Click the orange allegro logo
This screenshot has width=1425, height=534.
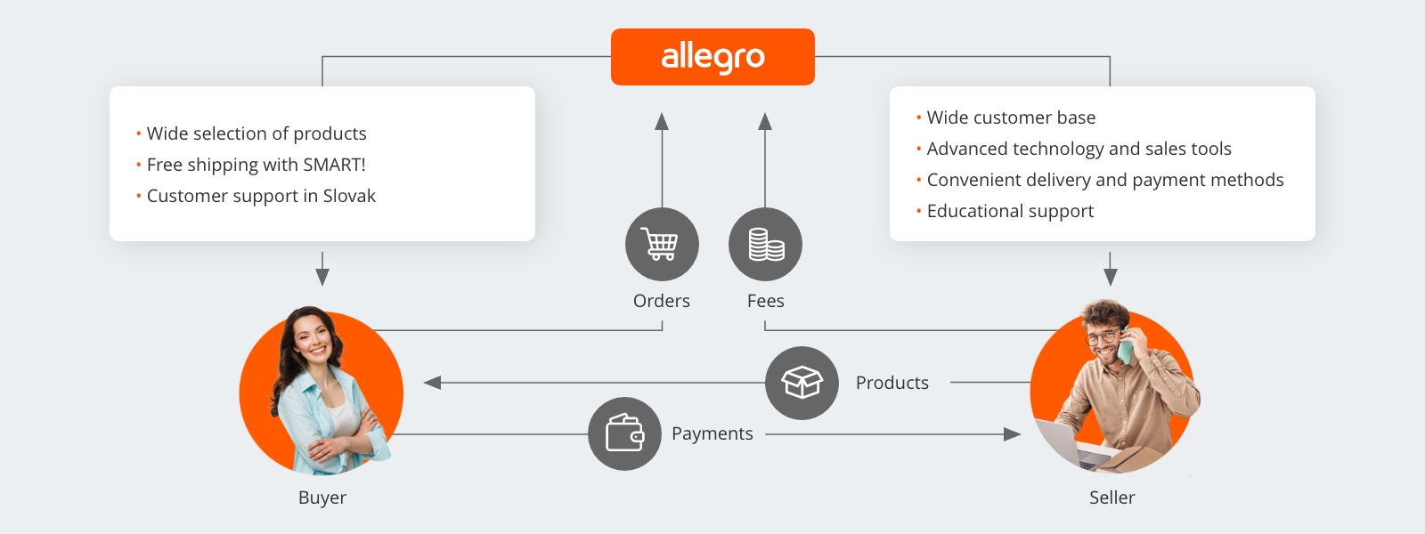pyautogui.click(x=712, y=57)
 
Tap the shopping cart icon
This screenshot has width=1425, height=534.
pyautogui.click(x=662, y=244)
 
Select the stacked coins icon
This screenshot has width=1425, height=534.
pyautogui.click(x=765, y=244)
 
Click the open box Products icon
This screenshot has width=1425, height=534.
pyautogui.click(x=802, y=383)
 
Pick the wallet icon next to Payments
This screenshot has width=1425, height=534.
pyautogui.click(x=624, y=433)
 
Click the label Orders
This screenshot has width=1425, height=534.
pyautogui.click(x=662, y=301)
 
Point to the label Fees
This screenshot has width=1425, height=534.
pyautogui.click(x=765, y=301)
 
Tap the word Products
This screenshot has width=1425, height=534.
pyautogui.click(x=892, y=383)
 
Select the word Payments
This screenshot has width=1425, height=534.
pyautogui.click(x=712, y=433)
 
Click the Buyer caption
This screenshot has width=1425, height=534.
pyautogui.click(x=322, y=498)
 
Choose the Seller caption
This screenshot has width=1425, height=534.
pyautogui.click(x=1111, y=498)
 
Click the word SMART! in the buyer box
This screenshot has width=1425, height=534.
pyautogui.click(x=334, y=165)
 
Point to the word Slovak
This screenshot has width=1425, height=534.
pyautogui.click(x=349, y=196)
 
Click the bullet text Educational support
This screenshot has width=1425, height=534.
pyautogui.click(x=1010, y=211)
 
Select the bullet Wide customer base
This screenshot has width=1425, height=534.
pyautogui.click(x=1011, y=117)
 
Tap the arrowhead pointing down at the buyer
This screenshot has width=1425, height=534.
pyautogui.click(x=322, y=277)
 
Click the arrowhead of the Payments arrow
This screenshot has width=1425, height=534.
pyautogui.click(x=1012, y=434)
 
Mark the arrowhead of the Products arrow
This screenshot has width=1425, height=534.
pyautogui.click(x=433, y=383)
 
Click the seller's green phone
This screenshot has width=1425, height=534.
pyautogui.click(x=1126, y=346)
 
